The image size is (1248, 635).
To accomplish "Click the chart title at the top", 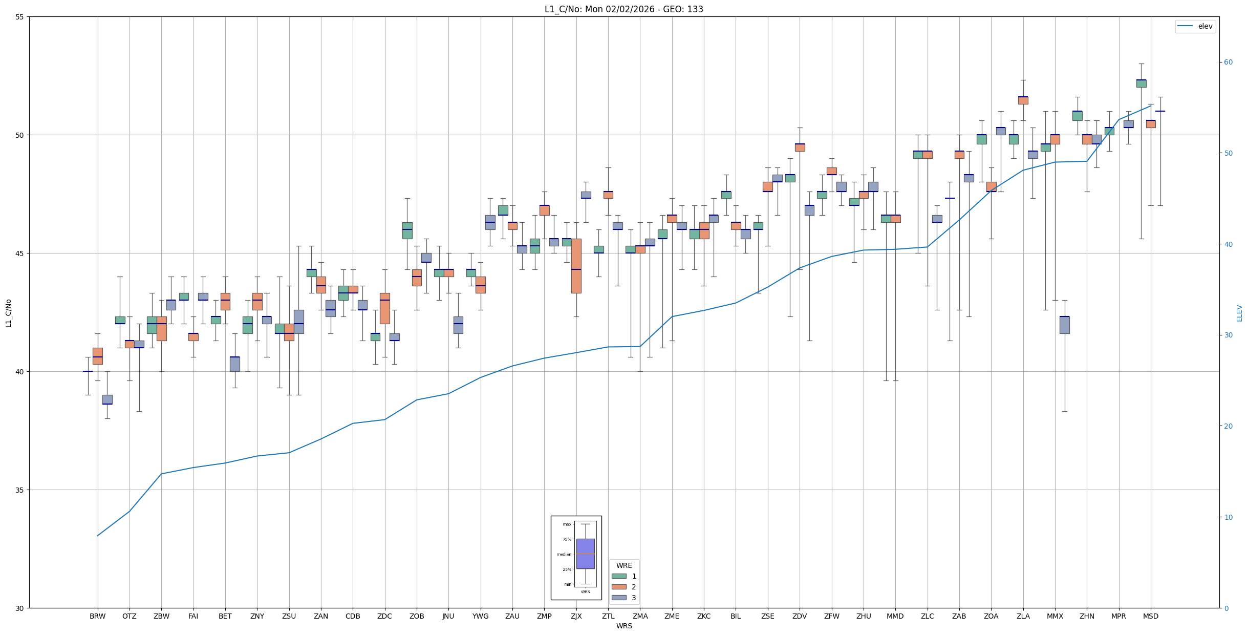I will tap(623, 9).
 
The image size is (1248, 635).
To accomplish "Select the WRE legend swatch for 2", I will tap(619, 587).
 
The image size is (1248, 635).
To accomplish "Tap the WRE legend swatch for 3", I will tap(619, 598).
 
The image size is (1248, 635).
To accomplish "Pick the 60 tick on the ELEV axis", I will tap(1228, 62).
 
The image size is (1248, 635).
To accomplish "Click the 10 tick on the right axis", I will tap(1228, 517).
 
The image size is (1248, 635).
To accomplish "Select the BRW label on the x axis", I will tap(97, 616).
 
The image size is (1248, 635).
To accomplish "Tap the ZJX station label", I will tap(576, 616).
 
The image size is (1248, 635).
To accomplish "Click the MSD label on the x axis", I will tap(1151, 616).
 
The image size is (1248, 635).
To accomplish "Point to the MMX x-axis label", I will tap(1055, 616).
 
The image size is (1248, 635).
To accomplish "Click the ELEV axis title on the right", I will tap(1239, 313).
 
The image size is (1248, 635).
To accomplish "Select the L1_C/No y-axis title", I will tap(8, 313).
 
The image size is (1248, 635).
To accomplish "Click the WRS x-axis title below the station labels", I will tap(623, 626).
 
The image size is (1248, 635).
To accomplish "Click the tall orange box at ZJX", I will tap(576, 266).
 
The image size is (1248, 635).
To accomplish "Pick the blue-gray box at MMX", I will tap(1064, 325).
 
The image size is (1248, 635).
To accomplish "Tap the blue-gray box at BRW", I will tap(107, 399).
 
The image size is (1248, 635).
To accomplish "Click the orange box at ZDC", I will tap(384, 308).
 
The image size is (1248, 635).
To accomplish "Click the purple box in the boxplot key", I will tap(585, 554).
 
